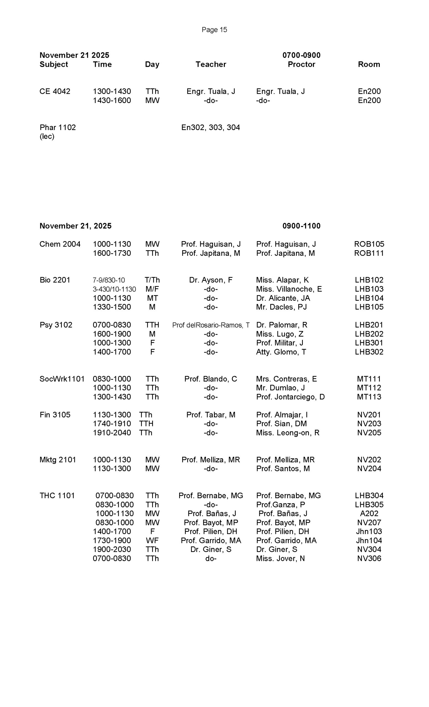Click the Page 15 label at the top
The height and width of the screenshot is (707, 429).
click(x=214, y=30)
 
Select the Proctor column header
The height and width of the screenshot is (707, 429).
click(x=301, y=64)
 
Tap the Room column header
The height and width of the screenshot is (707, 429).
click(x=369, y=64)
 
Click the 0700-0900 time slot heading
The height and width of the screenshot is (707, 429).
click(x=301, y=55)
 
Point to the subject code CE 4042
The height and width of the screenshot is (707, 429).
click(x=55, y=91)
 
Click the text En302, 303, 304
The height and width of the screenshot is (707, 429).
click(x=210, y=127)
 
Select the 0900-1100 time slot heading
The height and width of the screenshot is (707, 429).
click(x=301, y=226)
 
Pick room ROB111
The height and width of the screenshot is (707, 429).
click(x=369, y=253)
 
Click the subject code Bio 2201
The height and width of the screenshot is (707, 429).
click(x=55, y=280)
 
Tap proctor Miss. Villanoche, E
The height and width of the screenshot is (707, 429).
click(x=289, y=289)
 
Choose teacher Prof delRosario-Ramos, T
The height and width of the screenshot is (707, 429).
click(x=210, y=325)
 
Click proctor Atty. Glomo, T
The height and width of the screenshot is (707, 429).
click(x=281, y=352)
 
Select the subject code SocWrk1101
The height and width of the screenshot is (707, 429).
click(x=62, y=379)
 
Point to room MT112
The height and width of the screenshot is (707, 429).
click(x=369, y=388)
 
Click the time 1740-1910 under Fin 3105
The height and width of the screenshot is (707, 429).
click(x=112, y=424)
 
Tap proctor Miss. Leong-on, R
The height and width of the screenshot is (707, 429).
click(x=288, y=433)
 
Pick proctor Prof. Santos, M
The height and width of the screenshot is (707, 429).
click(x=283, y=469)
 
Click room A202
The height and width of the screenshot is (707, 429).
click(x=369, y=513)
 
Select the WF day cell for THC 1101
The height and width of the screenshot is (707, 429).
click(x=152, y=540)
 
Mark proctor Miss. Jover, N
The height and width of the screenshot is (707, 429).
click(x=280, y=558)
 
